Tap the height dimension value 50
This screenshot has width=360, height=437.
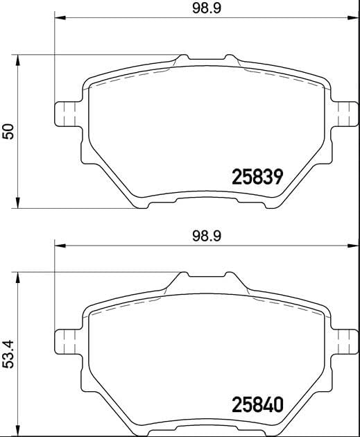pos(8,130)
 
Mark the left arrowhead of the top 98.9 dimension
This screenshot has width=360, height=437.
pos(58,17)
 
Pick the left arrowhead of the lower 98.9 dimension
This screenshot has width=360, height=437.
pos(58,245)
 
